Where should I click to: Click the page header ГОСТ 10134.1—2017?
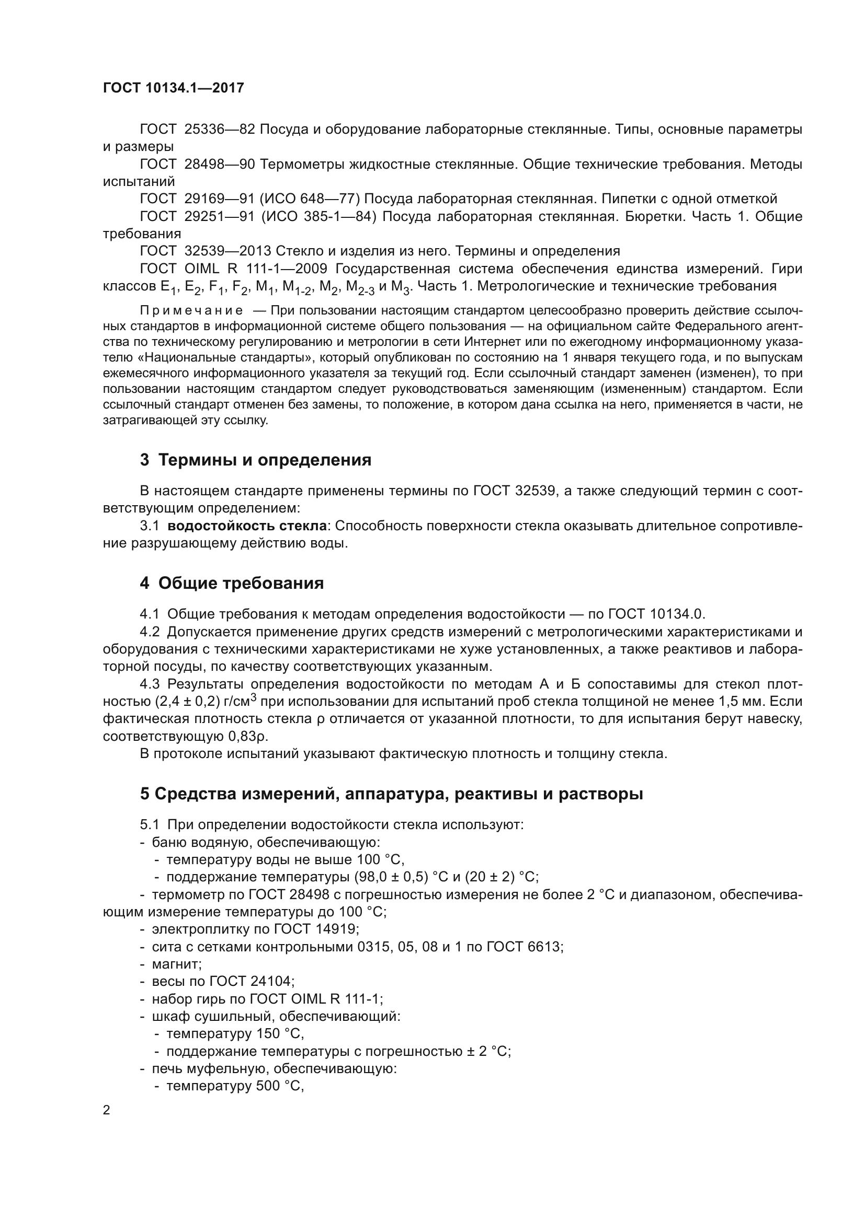tap(173, 88)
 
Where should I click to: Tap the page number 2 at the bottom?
tap(107, 1110)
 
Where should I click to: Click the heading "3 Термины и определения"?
tap(256, 460)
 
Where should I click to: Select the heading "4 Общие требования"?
tap(232, 584)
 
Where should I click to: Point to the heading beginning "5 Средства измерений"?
tap(392, 794)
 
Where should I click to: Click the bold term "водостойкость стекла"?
tap(247, 526)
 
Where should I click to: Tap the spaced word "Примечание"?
tap(191, 310)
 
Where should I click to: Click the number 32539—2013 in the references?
tap(227, 251)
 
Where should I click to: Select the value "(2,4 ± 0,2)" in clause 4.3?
tap(188, 702)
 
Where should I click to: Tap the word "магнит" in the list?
tap(176, 964)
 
